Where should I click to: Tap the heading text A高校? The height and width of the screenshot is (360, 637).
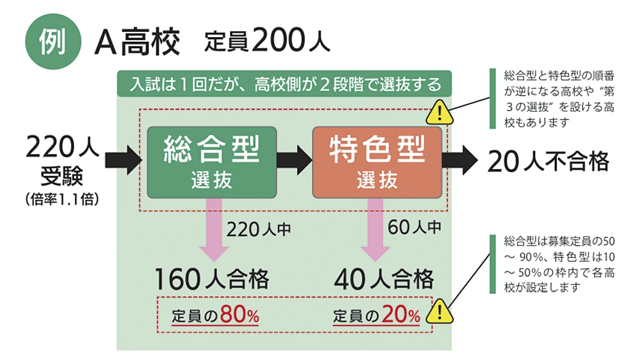click(x=136, y=43)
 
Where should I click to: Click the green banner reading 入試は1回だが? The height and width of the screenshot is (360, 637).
click(x=285, y=84)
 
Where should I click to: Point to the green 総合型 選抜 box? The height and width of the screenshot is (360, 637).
click(x=212, y=162)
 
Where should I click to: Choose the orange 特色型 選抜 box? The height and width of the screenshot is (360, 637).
click(x=377, y=162)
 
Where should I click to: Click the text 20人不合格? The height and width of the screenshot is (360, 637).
click(x=548, y=161)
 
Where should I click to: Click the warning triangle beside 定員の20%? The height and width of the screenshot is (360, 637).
click(x=441, y=311)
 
